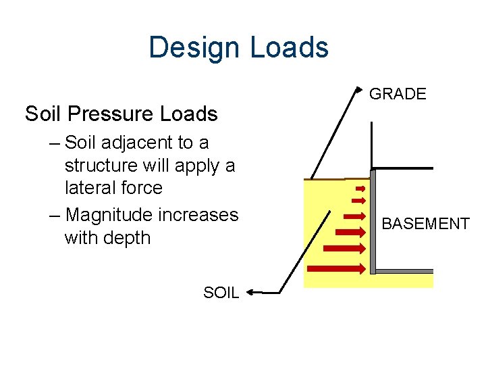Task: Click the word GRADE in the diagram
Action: point(398,95)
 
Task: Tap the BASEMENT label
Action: point(425,224)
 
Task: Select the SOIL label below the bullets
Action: point(221,293)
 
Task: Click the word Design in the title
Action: point(194,48)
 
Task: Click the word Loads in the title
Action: point(288,48)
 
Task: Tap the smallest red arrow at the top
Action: point(360,188)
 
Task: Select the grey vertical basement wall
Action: point(373,223)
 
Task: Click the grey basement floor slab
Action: point(404,271)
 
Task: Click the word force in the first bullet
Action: point(142,188)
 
